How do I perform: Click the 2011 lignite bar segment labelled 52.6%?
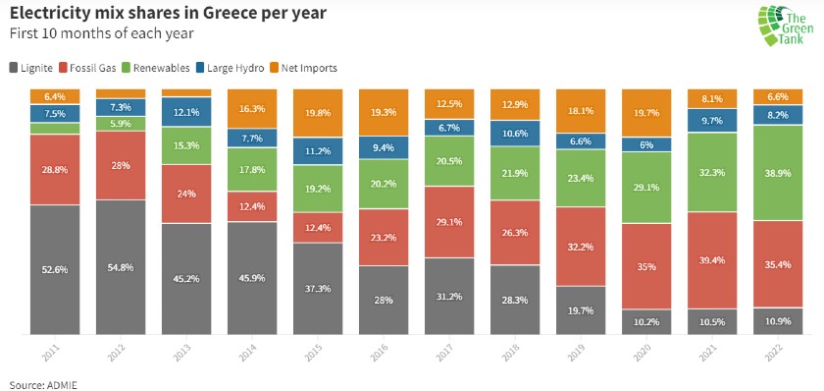[x=55, y=269]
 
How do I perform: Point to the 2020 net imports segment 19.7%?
[x=647, y=112]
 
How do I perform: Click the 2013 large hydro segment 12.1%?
[x=186, y=112]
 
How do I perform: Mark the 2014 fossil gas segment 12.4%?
[x=252, y=206]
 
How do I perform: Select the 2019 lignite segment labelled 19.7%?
[x=582, y=310]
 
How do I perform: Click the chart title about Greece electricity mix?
[x=168, y=14]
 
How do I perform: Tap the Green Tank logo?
[x=784, y=27]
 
